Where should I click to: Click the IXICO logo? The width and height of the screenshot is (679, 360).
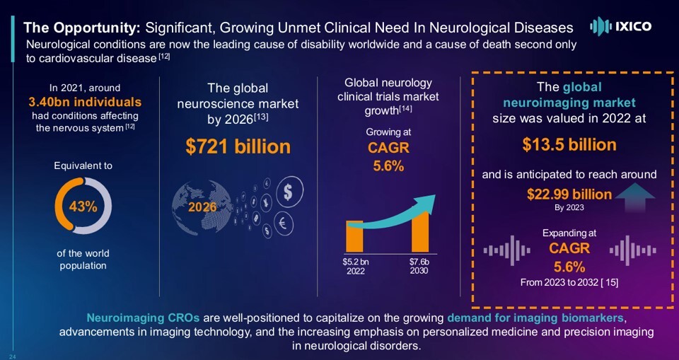[x=620, y=27]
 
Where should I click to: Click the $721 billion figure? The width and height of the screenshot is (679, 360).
[x=238, y=146]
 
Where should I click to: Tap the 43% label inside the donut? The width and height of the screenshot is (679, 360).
[x=83, y=207]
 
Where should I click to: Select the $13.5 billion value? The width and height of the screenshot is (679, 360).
[x=569, y=145]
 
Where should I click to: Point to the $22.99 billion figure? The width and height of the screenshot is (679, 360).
[x=569, y=194]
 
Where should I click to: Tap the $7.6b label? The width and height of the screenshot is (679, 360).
[x=419, y=262]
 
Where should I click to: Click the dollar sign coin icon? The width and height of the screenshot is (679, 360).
[x=289, y=190]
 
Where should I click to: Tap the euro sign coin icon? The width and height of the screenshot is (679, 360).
[x=283, y=223]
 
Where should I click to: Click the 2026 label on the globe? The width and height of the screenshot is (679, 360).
[x=202, y=207]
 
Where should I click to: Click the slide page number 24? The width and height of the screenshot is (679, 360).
[x=13, y=354]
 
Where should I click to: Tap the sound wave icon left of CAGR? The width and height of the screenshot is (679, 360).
[x=506, y=250]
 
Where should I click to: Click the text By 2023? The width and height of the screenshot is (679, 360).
[x=569, y=209]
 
